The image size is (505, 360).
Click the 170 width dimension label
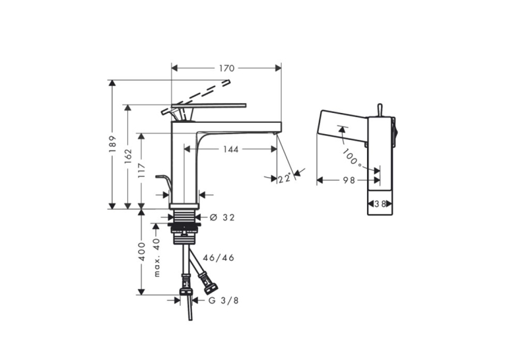227,68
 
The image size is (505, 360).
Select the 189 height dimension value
112,144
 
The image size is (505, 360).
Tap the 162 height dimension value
128,156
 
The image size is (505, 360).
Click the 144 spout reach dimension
231,149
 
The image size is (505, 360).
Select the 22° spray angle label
285,178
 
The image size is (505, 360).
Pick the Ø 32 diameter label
222,217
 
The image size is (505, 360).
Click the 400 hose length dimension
142,252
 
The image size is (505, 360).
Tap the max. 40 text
156,257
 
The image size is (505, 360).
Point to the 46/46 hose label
219,258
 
